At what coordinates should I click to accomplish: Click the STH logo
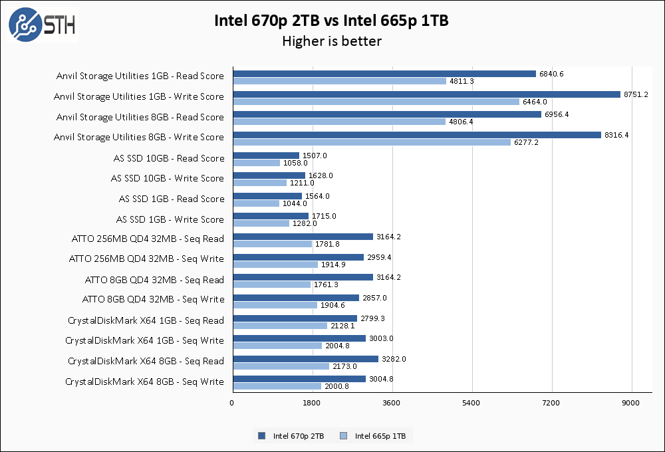click(41, 25)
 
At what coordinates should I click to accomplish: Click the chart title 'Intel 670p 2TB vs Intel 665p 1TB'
click(331, 21)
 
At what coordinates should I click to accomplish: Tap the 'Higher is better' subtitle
click(331, 41)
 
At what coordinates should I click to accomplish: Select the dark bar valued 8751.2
click(426, 94)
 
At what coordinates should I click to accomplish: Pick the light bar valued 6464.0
click(376, 102)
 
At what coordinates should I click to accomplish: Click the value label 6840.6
click(552, 74)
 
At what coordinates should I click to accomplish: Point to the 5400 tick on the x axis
click(472, 403)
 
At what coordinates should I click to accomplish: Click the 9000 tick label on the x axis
click(631, 403)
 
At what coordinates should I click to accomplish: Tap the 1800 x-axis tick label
click(312, 403)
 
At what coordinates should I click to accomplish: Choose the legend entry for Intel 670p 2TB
click(292, 436)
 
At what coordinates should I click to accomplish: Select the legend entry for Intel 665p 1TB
click(375, 436)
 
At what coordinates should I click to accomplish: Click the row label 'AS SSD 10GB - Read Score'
click(168, 158)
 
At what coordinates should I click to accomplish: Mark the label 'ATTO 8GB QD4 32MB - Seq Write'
click(153, 299)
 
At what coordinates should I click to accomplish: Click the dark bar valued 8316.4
click(417, 135)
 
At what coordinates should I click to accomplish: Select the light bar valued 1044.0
click(256, 203)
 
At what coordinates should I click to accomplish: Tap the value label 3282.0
click(394, 359)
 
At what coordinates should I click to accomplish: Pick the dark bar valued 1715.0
click(271, 216)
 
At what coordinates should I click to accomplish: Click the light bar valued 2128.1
click(280, 326)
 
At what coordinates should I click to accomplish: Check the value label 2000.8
click(337, 386)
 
